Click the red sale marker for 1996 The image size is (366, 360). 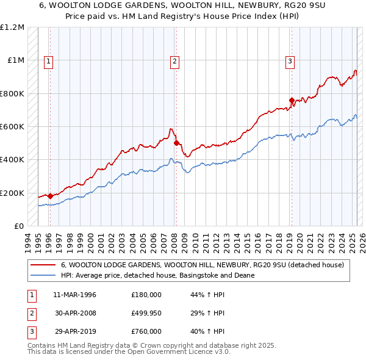[50, 196]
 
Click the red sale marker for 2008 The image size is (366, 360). [176, 143]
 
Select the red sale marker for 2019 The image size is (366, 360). [292, 100]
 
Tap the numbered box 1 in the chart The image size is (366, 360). [48, 60]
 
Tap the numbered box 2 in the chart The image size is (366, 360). [174, 60]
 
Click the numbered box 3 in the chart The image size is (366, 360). [290, 60]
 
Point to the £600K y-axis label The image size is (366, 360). [12, 127]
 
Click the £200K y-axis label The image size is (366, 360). [12, 193]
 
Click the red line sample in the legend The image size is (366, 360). [43, 265]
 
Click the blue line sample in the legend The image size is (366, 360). [43, 275]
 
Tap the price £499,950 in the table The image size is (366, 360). [146, 313]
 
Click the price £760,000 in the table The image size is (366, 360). [146, 331]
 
